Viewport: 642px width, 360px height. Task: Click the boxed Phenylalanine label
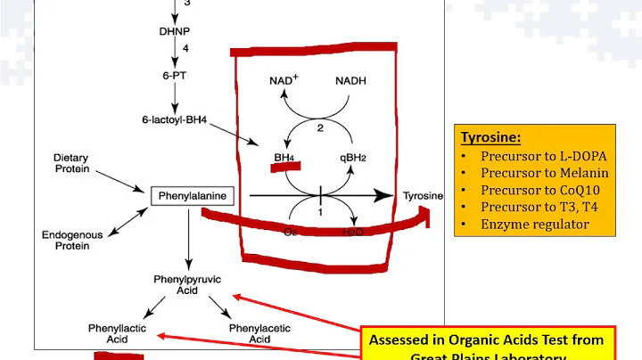tap(190, 193)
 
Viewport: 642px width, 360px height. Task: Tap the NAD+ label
tap(284, 80)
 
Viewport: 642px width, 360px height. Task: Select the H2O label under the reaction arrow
tap(354, 233)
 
